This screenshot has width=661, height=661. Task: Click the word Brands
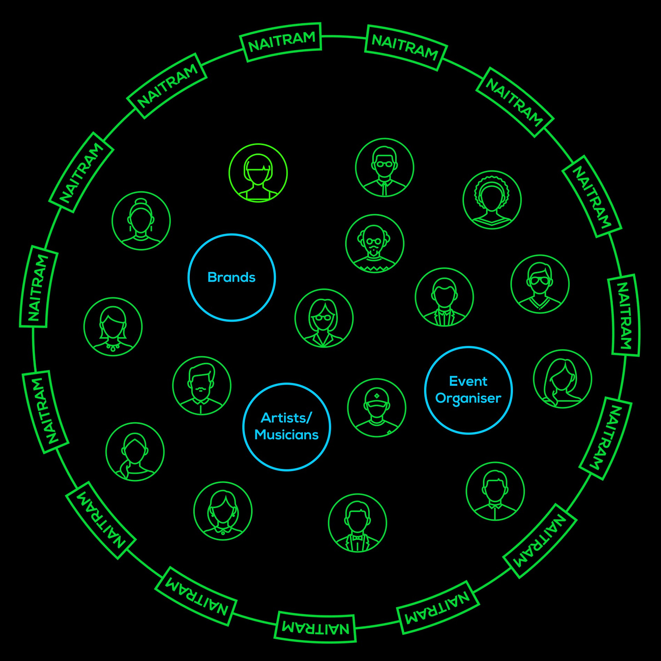click(x=232, y=277)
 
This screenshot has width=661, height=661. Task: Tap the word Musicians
click(x=286, y=435)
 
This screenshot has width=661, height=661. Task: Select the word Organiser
click(x=468, y=398)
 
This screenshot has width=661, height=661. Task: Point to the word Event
click(x=468, y=381)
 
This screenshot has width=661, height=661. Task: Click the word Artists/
click(x=286, y=418)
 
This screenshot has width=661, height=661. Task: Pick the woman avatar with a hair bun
click(x=141, y=221)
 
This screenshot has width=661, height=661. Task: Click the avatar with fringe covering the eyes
click(x=258, y=173)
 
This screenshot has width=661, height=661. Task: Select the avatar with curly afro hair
click(x=492, y=200)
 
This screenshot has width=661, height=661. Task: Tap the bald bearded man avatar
click(x=375, y=243)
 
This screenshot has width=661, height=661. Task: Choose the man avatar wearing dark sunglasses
click(x=540, y=284)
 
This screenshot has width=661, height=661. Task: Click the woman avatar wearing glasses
click(x=324, y=318)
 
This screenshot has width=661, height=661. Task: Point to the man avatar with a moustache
click(x=202, y=385)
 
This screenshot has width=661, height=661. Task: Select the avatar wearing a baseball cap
click(x=376, y=408)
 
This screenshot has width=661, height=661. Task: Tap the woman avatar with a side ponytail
click(x=135, y=452)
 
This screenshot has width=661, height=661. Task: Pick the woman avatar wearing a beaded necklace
click(x=113, y=327)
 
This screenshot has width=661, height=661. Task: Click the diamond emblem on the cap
click(x=377, y=396)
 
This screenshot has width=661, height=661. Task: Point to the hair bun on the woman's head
click(x=141, y=202)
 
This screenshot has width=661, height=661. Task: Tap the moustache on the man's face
click(x=200, y=390)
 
